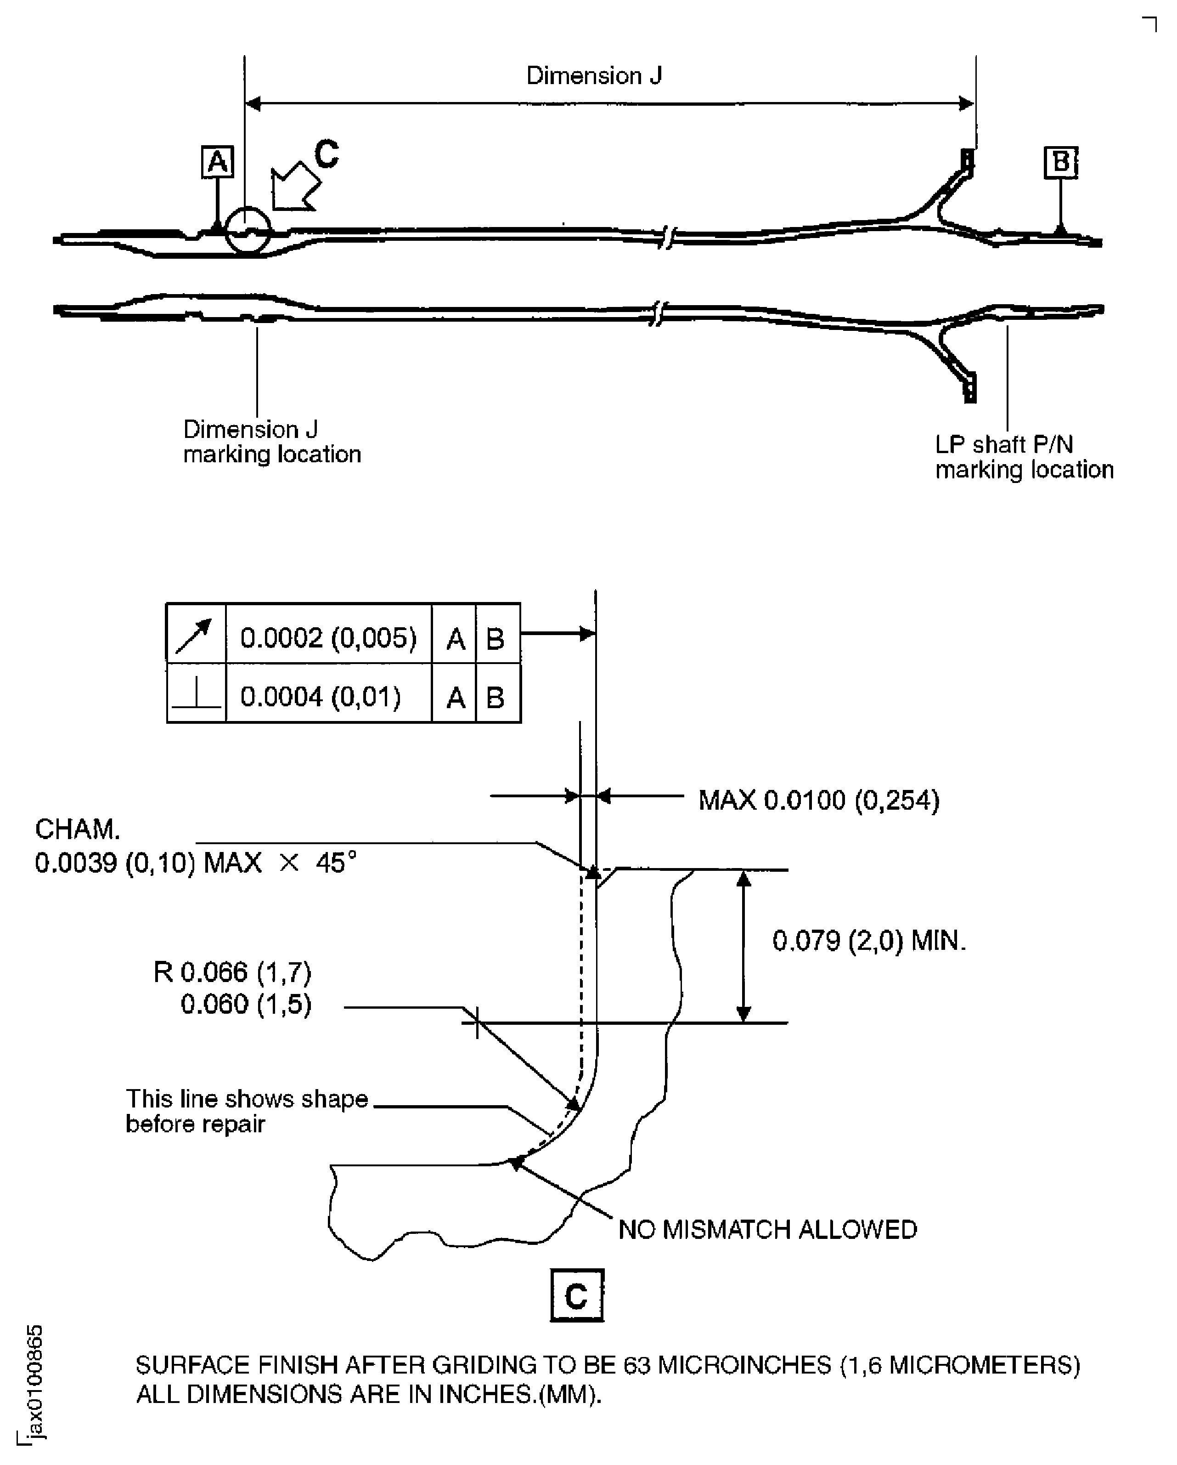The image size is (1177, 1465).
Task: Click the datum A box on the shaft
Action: pyautogui.click(x=217, y=162)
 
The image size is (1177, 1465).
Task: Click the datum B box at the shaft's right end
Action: pyautogui.click(x=1060, y=162)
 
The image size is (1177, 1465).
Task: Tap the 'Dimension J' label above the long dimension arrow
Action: pyautogui.click(x=594, y=75)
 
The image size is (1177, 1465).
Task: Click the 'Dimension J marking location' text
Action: pyautogui.click(x=272, y=442)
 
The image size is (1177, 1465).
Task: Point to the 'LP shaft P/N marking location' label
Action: pyautogui.click(x=1024, y=457)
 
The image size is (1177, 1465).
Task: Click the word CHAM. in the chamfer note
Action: pyautogui.click(x=77, y=829)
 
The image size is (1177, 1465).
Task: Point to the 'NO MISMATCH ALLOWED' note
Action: pyautogui.click(x=767, y=1229)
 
